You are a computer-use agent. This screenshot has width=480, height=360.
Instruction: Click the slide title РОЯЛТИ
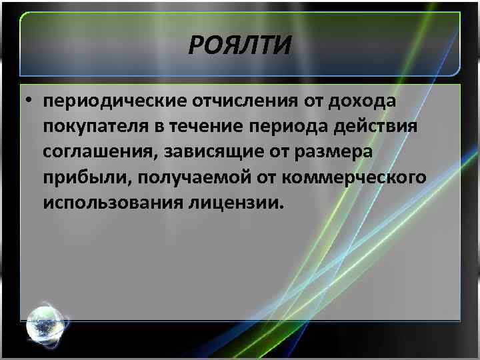240,47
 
